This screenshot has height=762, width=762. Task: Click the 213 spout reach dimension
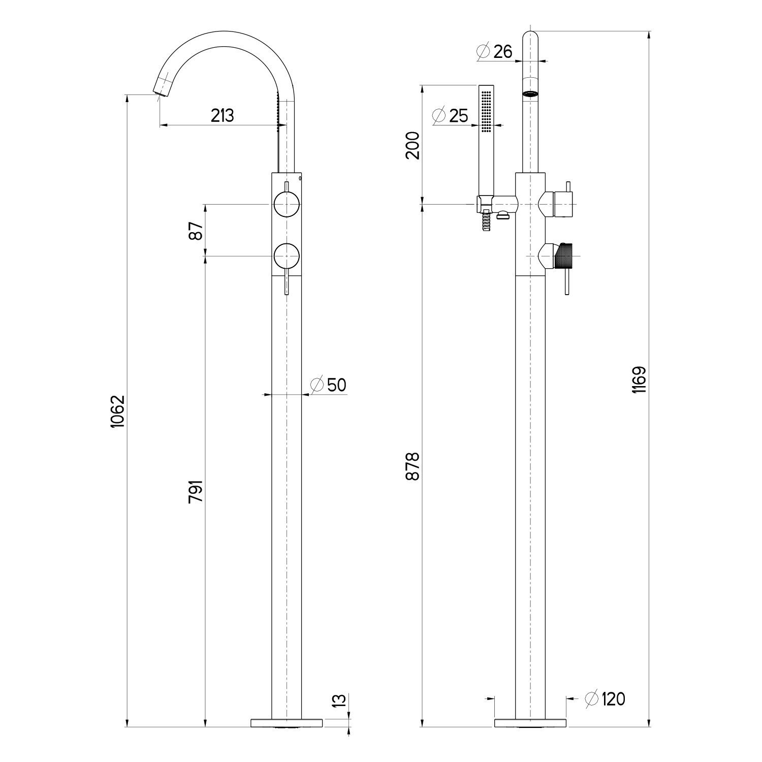point(223,116)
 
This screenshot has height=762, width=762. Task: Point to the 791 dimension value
point(197,491)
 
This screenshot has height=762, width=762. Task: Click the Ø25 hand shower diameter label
point(450,116)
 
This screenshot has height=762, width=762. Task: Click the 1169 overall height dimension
point(639,380)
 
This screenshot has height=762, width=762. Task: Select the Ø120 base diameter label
point(605,699)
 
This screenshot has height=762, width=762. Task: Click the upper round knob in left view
point(287,204)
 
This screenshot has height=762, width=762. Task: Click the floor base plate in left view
point(287,722)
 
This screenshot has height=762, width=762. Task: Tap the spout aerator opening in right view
point(530,94)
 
